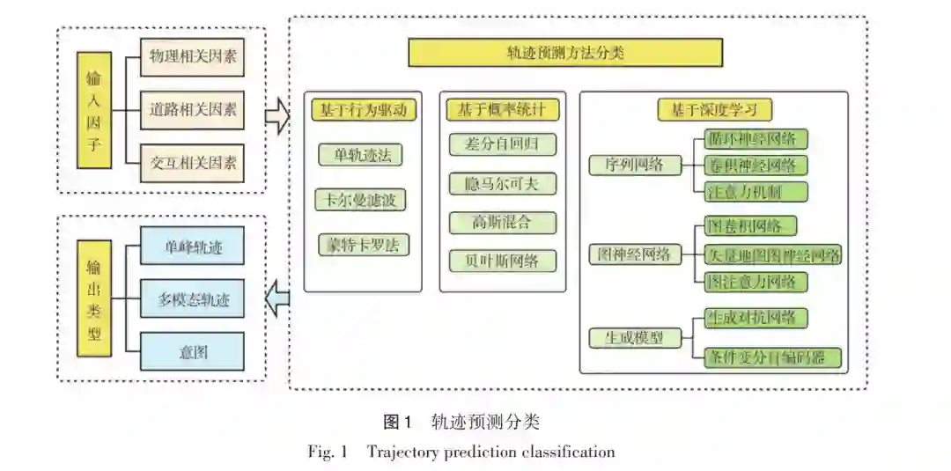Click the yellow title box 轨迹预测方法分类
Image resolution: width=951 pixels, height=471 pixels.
pos(564,53)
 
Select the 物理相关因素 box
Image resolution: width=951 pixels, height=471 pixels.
pos(193,57)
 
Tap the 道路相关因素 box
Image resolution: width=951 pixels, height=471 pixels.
pos(193,110)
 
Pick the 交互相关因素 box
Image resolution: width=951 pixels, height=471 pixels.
pos(193,162)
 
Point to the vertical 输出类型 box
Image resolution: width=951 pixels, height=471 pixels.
pos(94,298)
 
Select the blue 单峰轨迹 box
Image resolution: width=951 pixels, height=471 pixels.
pos(192,248)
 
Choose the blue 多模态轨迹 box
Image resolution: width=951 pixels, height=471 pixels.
pos(192,300)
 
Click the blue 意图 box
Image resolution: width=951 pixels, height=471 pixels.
pos(192,352)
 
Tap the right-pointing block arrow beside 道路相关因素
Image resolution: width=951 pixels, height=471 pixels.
pos(277,115)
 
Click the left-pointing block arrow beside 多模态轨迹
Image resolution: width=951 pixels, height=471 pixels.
pos(277,298)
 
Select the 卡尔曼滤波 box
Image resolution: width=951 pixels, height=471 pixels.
pos(361,200)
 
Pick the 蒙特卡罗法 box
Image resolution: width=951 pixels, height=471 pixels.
pos(361,245)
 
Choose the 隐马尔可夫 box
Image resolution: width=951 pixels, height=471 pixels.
pos(502,184)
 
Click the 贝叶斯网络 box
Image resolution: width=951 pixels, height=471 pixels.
pos(502,261)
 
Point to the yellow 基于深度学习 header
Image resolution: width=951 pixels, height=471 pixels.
pos(715,110)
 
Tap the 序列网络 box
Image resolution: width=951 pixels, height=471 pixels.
pos(634,165)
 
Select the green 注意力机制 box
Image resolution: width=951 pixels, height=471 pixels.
pos(756,191)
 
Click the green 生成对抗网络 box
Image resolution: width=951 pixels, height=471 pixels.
pos(756,318)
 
